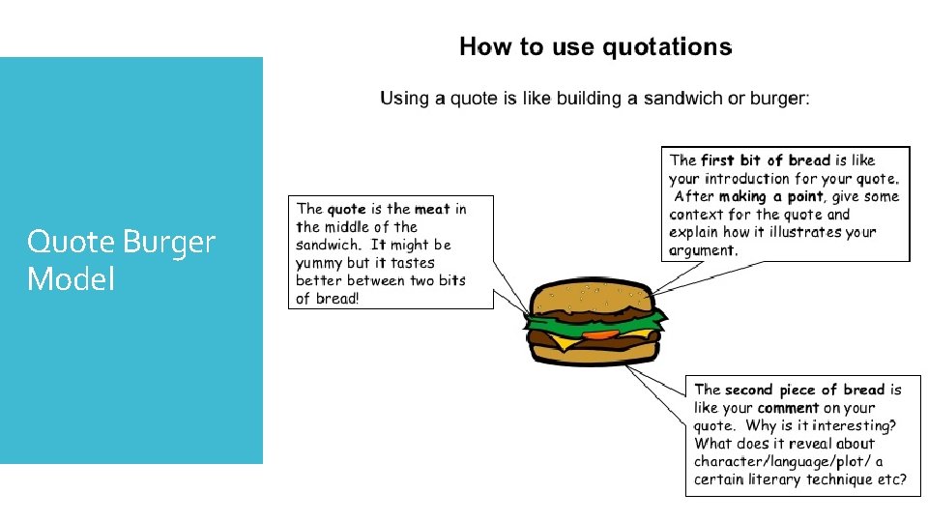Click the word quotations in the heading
point(667,47)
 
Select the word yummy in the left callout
point(319,263)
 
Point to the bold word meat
point(432,209)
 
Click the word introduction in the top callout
point(747,179)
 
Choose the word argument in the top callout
point(702,250)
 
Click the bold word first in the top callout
point(716,160)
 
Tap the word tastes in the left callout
point(413,263)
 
